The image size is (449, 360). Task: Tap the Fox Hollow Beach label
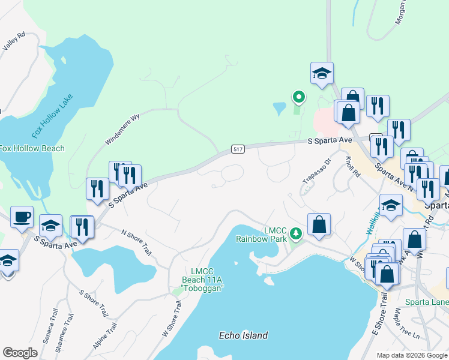click(32, 148)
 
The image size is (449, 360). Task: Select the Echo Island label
click(243, 335)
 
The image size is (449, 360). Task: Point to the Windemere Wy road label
click(122, 129)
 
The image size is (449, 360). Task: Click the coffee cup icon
click(22, 217)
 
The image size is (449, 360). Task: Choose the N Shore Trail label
click(136, 241)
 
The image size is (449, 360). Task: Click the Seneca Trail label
click(47, 328)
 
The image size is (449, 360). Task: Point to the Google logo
click(20, 353)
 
